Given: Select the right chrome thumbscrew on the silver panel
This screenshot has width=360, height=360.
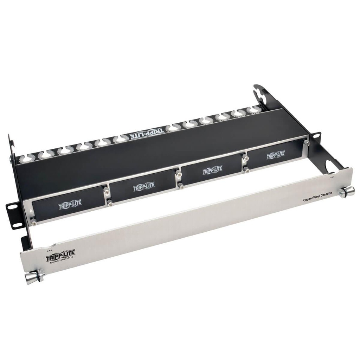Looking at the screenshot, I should [x=347, y=192].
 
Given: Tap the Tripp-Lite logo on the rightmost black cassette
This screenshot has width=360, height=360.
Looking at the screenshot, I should [x=276, y=154].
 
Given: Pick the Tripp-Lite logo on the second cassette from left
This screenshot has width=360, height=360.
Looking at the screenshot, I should [x=144, y=187].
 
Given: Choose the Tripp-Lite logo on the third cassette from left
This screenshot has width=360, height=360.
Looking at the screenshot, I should [x=212, y=170].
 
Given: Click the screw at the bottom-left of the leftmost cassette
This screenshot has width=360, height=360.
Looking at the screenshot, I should [x=34, y=222].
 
